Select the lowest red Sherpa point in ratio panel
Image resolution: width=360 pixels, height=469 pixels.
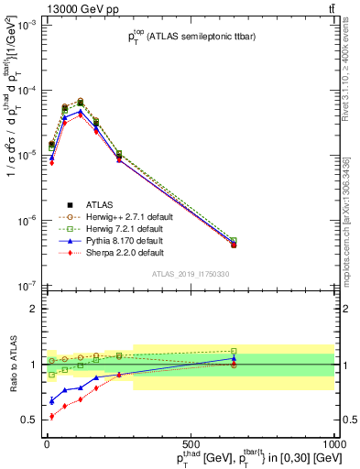(x=51, y=416)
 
